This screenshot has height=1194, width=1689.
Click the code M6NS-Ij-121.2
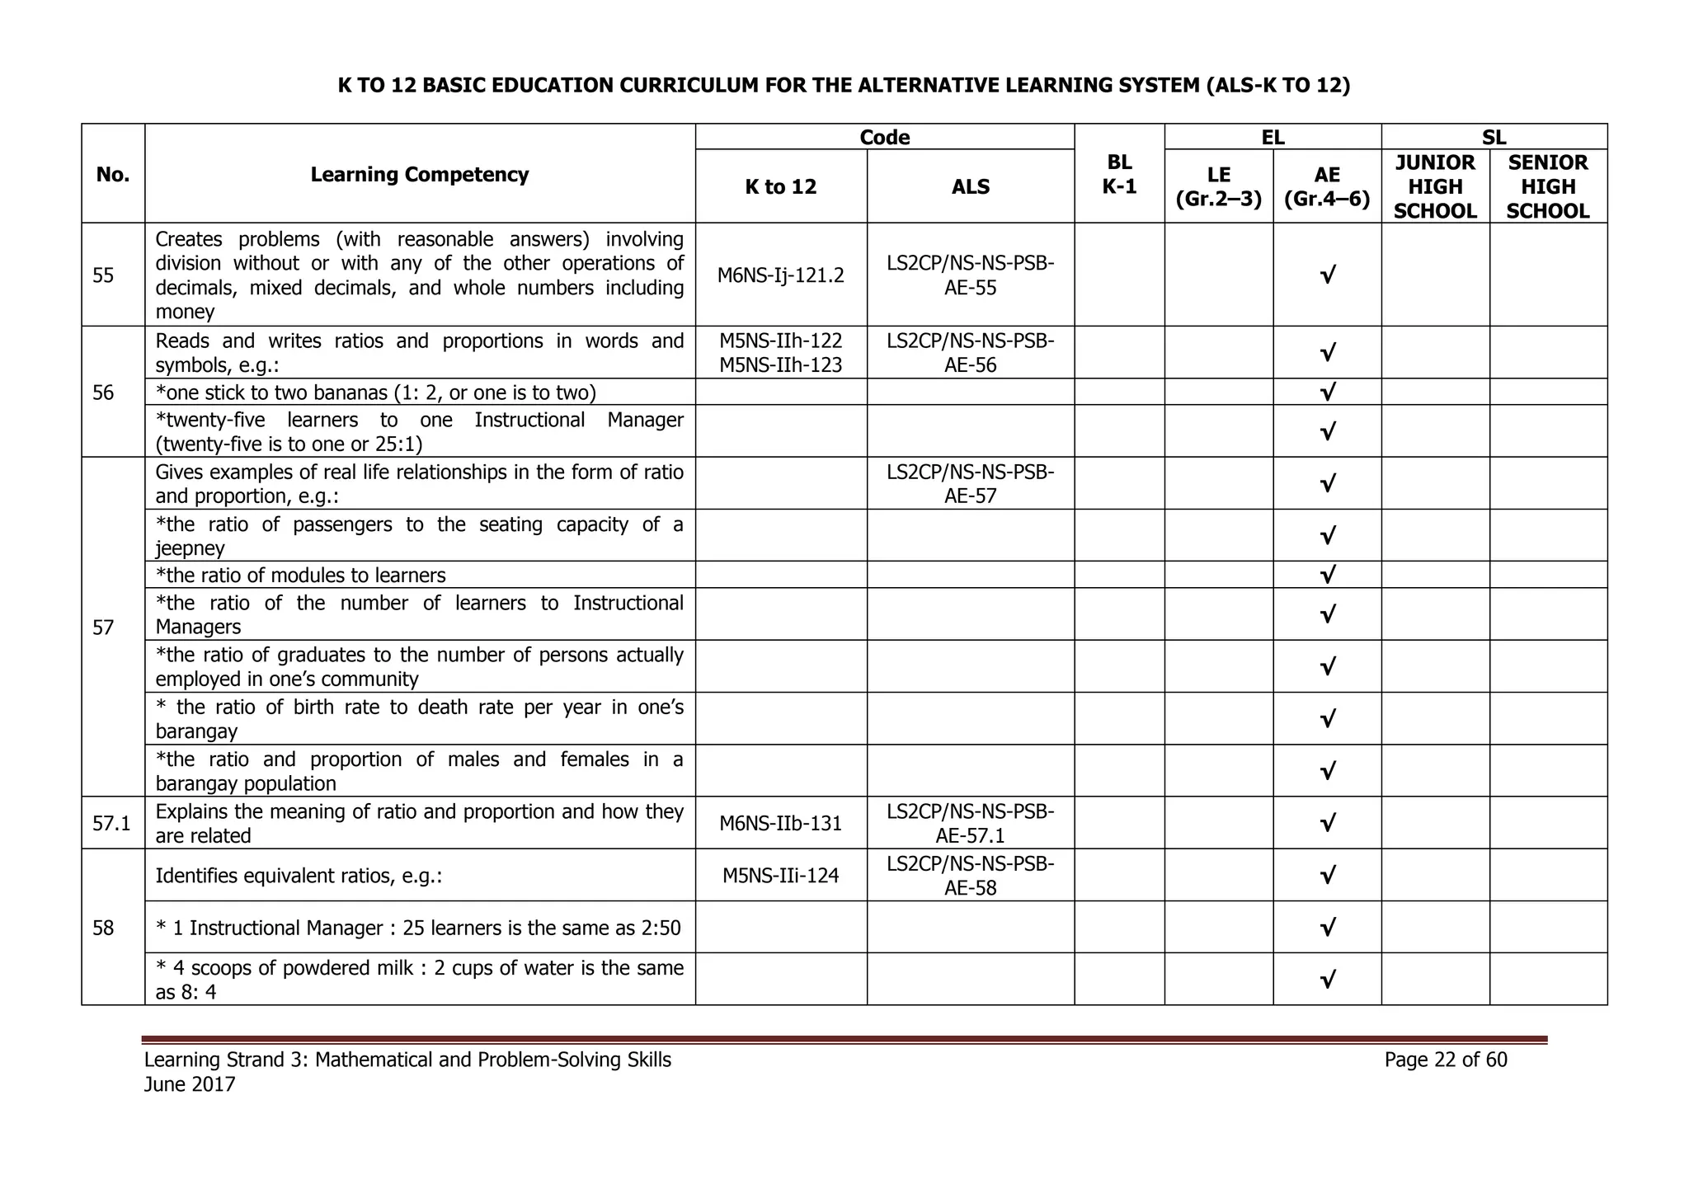[780, 275]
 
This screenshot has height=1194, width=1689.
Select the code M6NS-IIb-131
[780, 823]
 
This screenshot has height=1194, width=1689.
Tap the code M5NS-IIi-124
[780, 876]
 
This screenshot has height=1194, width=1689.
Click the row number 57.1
[113, 823]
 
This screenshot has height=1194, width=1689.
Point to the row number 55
[104, 275]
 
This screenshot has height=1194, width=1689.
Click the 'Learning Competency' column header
[419, 175]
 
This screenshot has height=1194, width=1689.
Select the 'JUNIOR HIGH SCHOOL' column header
[1435, 187]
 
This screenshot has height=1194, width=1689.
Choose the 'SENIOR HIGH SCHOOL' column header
[1547, 187]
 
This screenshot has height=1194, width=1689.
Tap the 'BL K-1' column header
[1119, 175]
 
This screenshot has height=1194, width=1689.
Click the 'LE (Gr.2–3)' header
[1218, 187]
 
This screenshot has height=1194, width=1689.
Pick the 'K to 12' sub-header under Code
[780, 187]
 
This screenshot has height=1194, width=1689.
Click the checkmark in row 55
[1327, 275]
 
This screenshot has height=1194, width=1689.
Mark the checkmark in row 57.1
[1327, 823]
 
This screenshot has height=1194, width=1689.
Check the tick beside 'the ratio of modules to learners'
[1327, 575]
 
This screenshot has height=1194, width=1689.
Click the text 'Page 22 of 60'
[1446, 1060]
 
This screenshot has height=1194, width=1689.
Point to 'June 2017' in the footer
[190, 1084]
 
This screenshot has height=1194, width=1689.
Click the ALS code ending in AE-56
[970, 353]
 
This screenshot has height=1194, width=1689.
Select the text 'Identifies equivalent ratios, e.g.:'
[299, 876]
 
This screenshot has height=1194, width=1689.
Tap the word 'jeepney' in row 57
[190, 548]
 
